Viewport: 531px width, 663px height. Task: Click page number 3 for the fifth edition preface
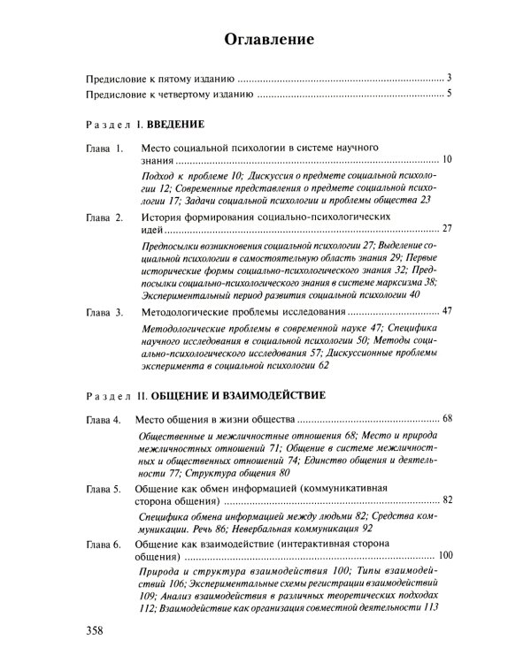450,78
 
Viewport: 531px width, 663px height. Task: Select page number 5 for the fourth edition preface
450,94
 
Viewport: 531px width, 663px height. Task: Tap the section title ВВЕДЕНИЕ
176,125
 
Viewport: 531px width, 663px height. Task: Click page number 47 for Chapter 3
447,313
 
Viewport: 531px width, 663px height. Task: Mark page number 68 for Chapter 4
447,417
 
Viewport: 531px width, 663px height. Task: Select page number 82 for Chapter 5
447,500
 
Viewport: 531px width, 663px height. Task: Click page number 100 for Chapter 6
444,556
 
